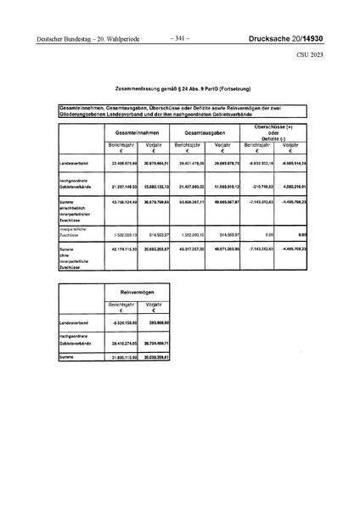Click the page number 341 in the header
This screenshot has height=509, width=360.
[x=180, y=37]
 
